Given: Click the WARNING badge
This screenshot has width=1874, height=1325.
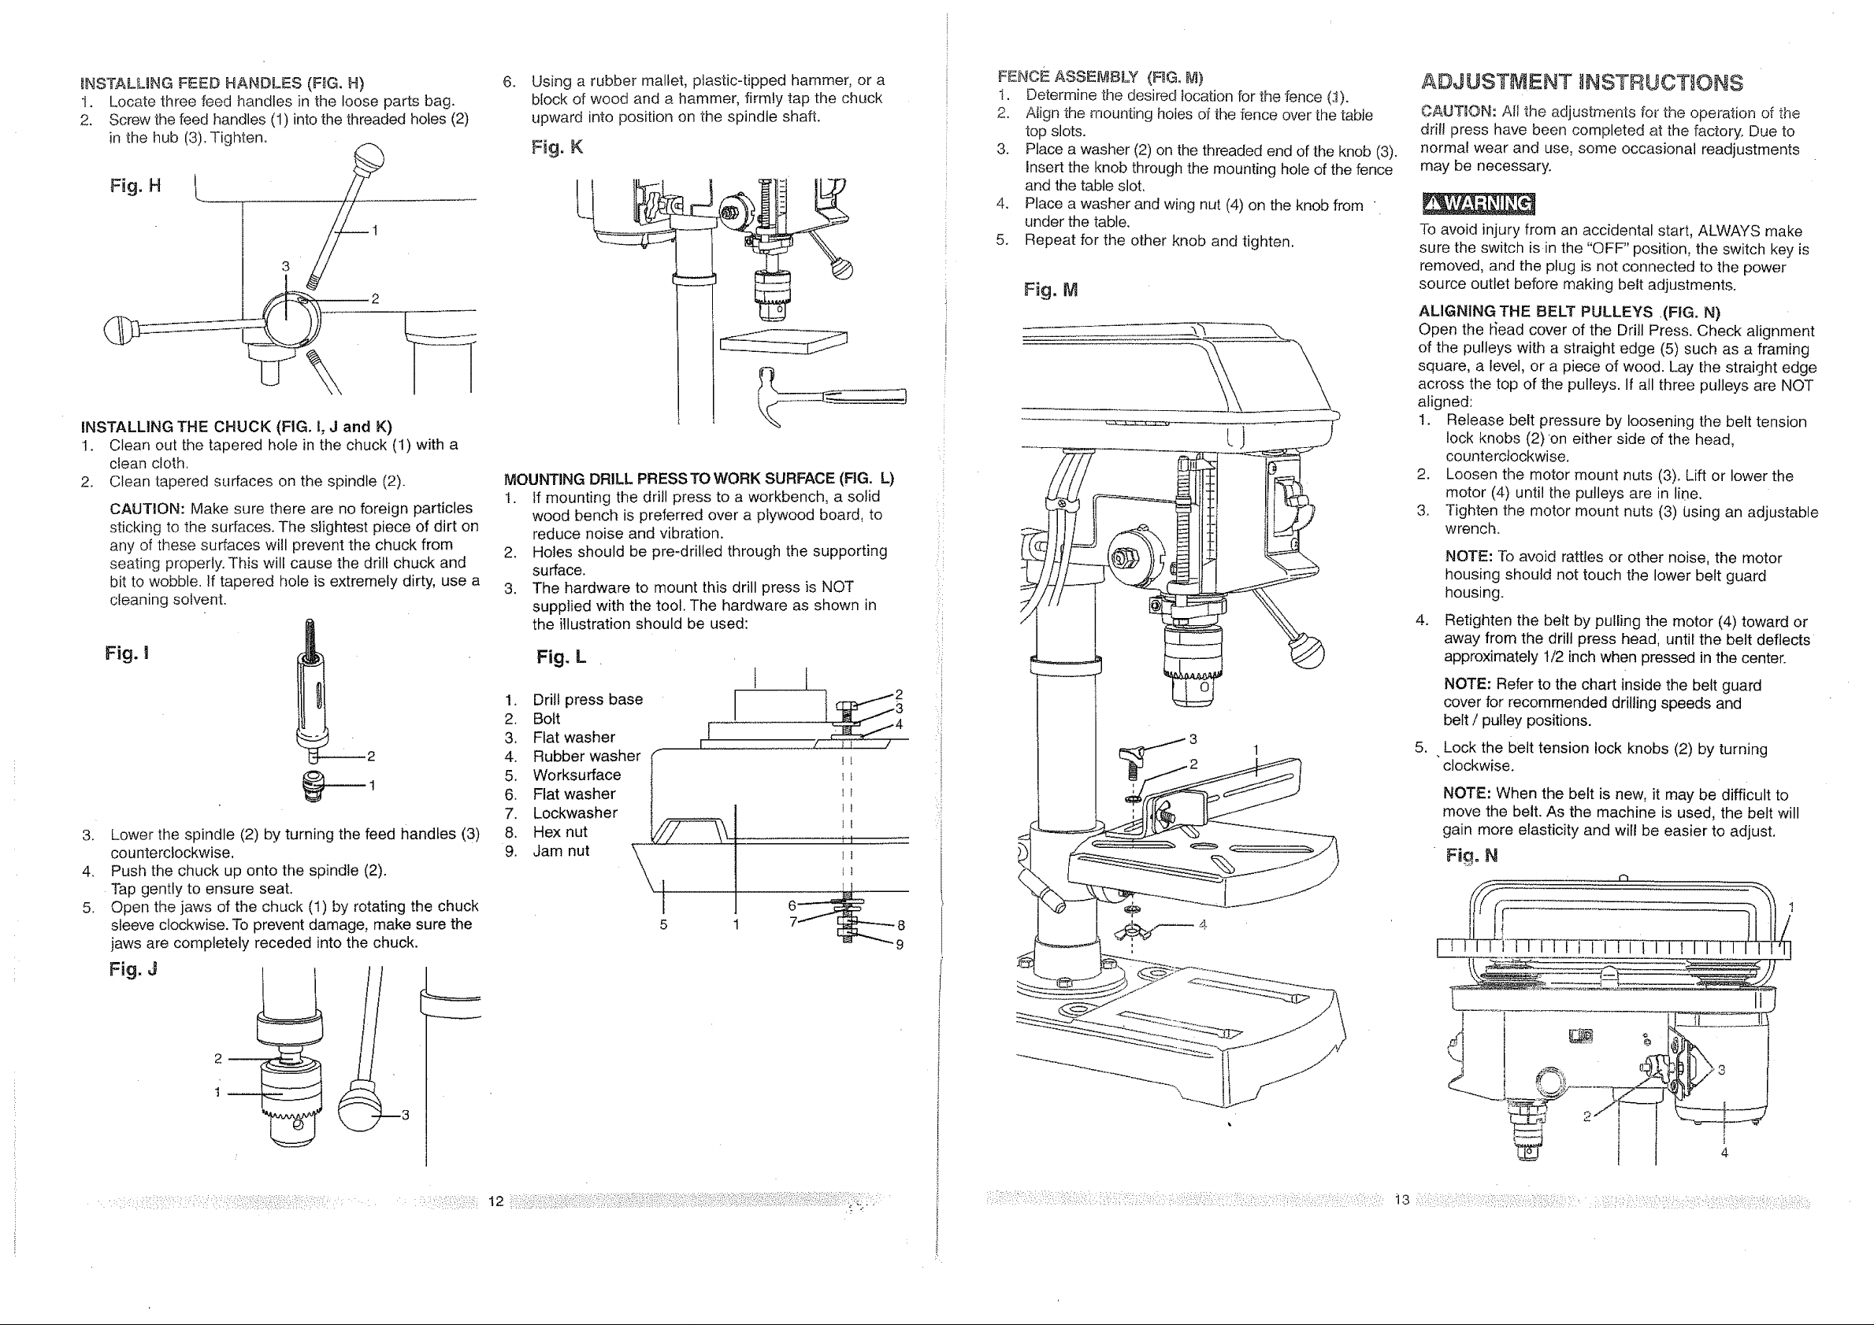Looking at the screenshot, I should [x=1477, y=202].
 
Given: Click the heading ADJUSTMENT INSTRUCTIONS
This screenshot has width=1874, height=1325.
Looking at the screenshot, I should [x=1582, y=83].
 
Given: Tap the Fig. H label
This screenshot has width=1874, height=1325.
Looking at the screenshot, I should [x=135, y=186].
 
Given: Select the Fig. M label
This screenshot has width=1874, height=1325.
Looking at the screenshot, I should [x=1051, y=290].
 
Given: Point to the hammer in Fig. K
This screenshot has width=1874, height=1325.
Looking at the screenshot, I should [x=825, y=398].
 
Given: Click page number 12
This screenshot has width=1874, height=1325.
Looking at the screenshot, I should [x=495, y=1201].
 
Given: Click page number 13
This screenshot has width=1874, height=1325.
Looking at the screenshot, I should [x=1402, y=1199].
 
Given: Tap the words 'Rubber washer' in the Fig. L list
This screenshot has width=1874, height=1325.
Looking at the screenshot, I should [x=586, y=757].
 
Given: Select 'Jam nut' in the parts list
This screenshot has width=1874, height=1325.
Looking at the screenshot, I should [x=561, y=851].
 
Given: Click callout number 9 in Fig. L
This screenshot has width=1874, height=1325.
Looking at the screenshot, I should [x=900, y=945].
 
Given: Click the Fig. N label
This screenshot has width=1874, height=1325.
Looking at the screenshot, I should [x=1471, y=855].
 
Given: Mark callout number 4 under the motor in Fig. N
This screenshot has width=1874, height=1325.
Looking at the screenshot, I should [x=1724, y=1153].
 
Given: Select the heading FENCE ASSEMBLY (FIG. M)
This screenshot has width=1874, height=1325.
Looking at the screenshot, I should [x=1100, y=77].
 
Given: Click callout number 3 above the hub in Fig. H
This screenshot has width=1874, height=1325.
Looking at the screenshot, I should [x=286, y=266].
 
